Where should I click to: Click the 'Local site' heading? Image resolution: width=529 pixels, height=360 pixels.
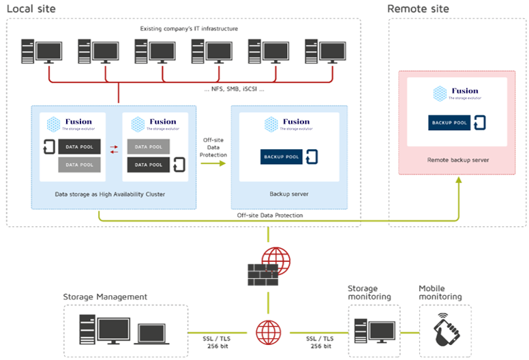(x=31, y=9)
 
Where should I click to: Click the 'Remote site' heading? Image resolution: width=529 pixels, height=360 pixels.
(x=419, y=9)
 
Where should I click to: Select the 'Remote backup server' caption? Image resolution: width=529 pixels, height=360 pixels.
(x=458, y=160)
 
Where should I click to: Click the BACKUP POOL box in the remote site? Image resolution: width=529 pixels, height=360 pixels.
(x=450, y=123)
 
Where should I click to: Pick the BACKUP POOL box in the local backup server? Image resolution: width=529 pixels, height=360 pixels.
(x=282, y=156)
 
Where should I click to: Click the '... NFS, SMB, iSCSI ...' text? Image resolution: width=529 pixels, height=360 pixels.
(x=235, y=90)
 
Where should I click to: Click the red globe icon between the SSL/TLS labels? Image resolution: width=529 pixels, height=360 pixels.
(x=268, y=331)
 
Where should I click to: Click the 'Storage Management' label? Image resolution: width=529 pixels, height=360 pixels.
(x=105, y=297)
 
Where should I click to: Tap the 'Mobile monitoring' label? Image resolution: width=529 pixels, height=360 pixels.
(x=440, y=292)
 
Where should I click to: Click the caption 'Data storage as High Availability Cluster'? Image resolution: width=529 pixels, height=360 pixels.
(x=110, y=194)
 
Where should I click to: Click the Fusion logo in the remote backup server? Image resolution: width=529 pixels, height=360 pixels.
(x=456, y=93)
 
